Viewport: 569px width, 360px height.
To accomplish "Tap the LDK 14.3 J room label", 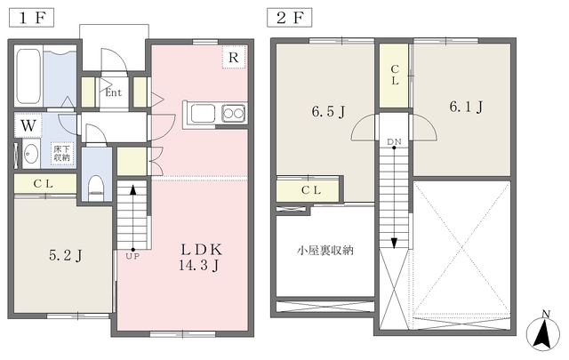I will tap(201, 256).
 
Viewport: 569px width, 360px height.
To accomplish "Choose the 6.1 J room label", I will tap(465, 108).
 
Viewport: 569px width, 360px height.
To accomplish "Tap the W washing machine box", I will tap(28, 125).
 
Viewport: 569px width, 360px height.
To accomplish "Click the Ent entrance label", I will tap(113, 92).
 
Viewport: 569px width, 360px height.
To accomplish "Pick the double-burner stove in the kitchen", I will tap(233, 113).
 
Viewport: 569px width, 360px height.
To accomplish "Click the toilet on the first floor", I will tap(97, 188).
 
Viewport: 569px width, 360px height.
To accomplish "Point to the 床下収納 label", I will tap(61, 154).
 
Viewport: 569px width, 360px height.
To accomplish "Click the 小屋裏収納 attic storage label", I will tap(325, 251).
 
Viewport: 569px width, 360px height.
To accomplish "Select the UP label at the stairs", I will tap(132, 256).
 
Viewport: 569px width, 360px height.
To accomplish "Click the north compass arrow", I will tap(541, 333).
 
